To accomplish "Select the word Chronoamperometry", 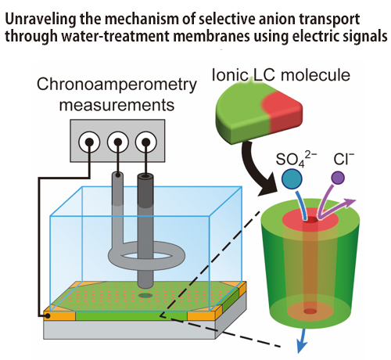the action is (117, 85).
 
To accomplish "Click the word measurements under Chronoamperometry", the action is (117, 105).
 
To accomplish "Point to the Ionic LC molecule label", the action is (281, 75).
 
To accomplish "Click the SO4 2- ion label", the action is (296, 159).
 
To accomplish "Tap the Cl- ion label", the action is (344, 159).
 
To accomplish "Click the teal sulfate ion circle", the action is (292, 178).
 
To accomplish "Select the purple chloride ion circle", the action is (338, 178).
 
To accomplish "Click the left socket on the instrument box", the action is (89, 142).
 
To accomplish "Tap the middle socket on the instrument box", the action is (118, 142).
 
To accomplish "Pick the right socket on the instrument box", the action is (146, 142).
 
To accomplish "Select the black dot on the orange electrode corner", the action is (47, 316).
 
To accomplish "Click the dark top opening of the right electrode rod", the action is (145, 176).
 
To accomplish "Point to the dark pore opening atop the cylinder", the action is (310, 221).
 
